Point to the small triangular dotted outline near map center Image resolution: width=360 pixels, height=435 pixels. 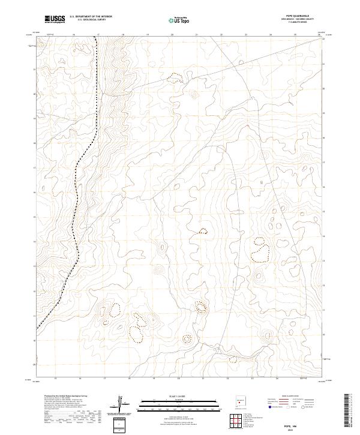[x=203, y=230]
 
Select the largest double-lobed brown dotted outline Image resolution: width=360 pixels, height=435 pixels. [x=260, y=251]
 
